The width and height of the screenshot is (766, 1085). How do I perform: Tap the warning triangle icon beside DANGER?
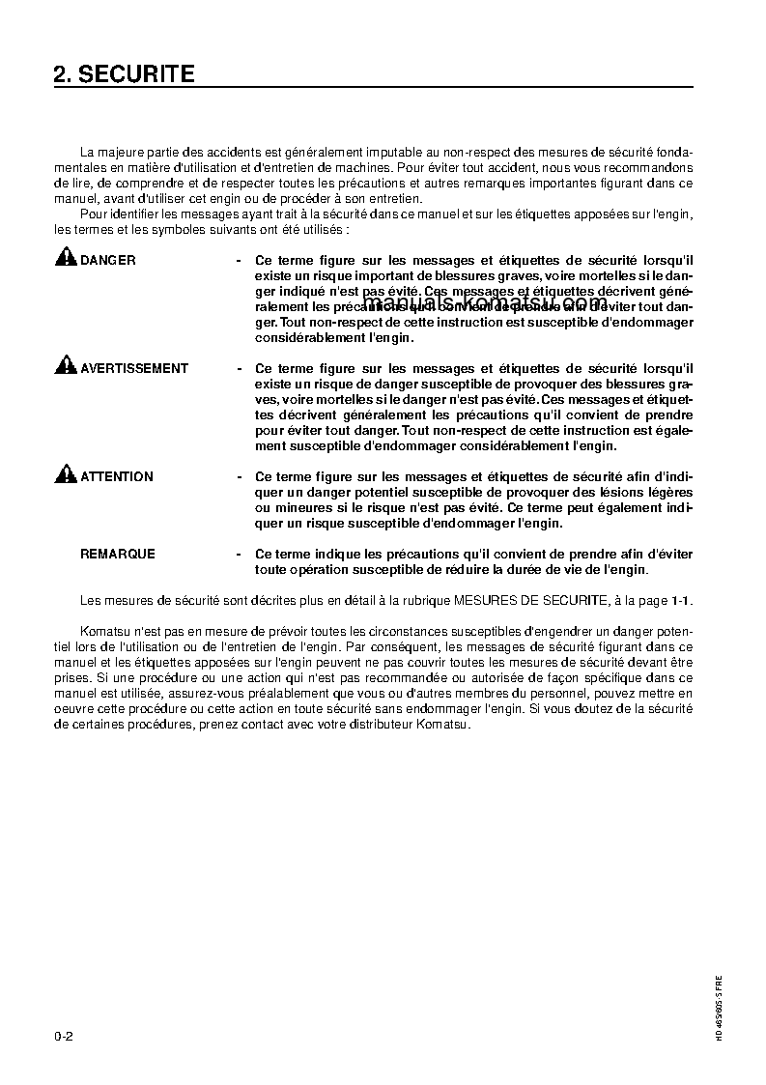point(65,257)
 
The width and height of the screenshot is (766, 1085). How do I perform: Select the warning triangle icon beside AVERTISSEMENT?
point(65,365)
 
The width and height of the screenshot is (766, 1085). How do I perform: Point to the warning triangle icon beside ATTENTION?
point(65,473)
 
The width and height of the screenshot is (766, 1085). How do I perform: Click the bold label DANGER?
point(107,260)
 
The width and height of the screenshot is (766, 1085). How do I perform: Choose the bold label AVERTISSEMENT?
point(134,368)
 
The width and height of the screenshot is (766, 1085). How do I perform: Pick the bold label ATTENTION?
point(116,476)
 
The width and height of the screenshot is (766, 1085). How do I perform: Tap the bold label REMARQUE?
point(117,554)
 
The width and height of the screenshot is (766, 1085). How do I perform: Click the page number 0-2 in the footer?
point(65,1036)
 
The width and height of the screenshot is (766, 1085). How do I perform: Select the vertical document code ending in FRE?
point(719,1006)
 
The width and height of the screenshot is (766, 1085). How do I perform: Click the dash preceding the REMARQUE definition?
point(239,555)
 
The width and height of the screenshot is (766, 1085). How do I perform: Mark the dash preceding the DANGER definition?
point(239,261)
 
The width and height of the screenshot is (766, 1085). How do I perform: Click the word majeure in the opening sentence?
point(120,152)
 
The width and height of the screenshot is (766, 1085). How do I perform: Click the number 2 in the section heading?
point(60,74)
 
